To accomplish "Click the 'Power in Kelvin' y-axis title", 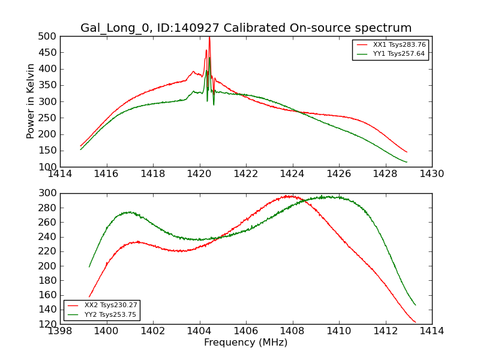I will click(31, 101).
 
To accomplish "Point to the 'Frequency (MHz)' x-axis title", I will click(246, 343).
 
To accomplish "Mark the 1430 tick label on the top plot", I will click(431, 175).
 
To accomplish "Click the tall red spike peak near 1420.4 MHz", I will click(209, 38).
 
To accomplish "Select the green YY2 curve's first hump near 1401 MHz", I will click(128, 212).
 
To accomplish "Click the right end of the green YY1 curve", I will click(407, 162).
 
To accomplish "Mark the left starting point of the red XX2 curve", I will click(89, 296).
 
